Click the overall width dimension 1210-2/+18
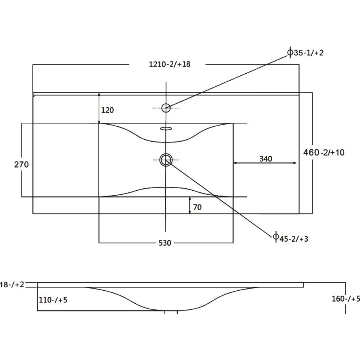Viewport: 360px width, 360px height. tap(170, 64)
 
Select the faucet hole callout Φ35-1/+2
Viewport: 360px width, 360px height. tap(306, 53)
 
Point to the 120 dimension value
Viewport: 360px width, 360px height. tap(108, 110)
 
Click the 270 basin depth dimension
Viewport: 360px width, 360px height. tap(21, 164)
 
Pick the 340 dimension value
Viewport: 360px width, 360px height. tap(266, 159)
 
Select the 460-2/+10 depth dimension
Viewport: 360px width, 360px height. tap(324, 152)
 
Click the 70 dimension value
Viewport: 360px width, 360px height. tap(197, 207)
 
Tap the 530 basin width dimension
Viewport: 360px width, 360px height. tap(165, 243)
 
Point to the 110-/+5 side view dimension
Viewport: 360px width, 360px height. tap(53, 300)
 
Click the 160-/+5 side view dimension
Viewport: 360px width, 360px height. tap(346, 299)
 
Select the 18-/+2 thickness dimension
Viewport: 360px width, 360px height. tap(12, 284)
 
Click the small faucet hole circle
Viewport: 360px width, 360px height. tap(166, 108)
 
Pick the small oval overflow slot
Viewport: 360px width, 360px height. tap(166, 129)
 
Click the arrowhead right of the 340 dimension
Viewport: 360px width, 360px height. tap(295, 163)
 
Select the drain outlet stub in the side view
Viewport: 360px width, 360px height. tap(171, 312)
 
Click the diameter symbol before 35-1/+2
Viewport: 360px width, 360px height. tap(290, 53)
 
